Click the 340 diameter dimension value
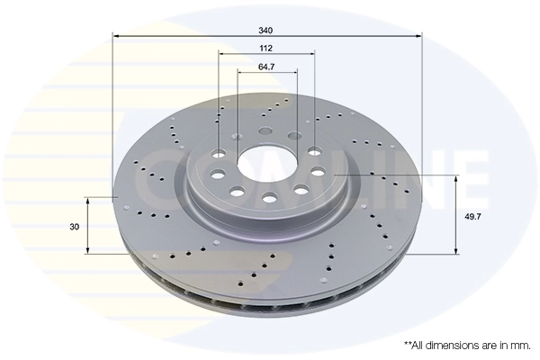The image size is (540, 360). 265,30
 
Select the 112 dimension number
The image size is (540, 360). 265,49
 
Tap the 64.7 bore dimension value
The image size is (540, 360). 266,67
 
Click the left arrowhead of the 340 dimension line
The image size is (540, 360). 115,37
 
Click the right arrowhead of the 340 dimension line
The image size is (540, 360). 418,37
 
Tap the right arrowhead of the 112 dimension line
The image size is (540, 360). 313,56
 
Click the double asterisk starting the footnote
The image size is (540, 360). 408,344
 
